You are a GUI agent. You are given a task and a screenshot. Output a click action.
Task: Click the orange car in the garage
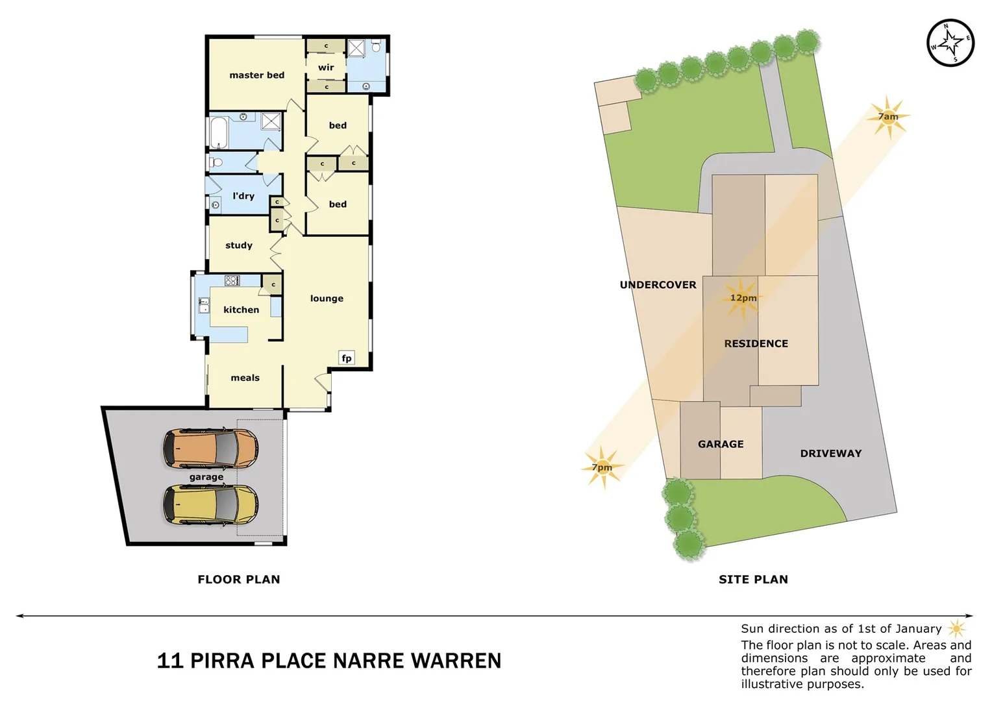(x=210, y=449)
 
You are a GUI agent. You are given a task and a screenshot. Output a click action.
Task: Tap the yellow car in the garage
(x=210, y=504)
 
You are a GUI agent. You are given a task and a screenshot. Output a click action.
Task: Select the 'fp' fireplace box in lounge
(x=347, y=358)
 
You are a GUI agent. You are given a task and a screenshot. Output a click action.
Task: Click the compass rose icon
(x=950, y=43)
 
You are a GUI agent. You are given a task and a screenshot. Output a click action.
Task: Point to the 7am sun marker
(x=887, y=117)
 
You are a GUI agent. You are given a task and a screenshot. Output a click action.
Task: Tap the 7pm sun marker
(x=602, y=467)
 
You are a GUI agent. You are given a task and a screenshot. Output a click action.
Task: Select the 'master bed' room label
(x=256, y=75)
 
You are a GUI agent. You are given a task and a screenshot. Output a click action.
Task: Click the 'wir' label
(x=326, y=68)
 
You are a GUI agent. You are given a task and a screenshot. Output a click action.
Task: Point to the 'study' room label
(x=239, y=245)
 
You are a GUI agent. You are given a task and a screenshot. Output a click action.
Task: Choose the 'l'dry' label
(x=243, y=196)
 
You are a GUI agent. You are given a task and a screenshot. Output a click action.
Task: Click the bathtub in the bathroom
(x=218, y=132)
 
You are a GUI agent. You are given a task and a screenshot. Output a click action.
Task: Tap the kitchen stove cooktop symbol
(x=232, y=280)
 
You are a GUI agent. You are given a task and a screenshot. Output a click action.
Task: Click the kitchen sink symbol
(x=204, y=305)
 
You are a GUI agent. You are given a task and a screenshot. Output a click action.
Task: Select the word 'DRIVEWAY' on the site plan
(x=830, y=454)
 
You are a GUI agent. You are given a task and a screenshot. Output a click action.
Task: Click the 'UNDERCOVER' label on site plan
(x=658, y=285)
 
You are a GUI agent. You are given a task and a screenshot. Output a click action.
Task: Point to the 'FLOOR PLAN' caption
(x=239, y=580)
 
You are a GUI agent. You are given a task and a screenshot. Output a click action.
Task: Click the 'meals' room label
(x=245, y=378)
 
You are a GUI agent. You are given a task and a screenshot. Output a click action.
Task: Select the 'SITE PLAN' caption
(x=753, y=580)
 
